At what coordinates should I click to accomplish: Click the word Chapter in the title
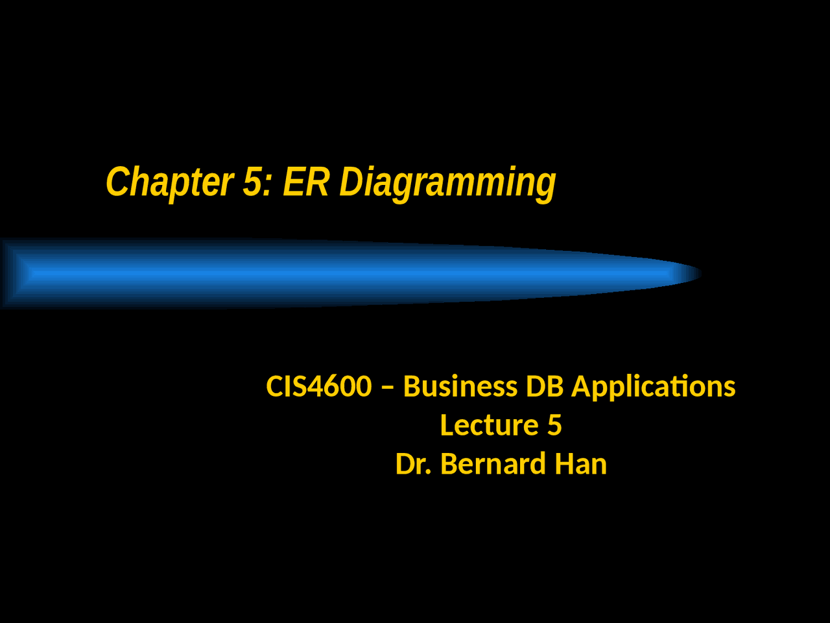click(169, 182)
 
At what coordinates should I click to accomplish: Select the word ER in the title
click(305, 182)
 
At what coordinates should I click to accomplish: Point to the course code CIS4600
click(318, 387)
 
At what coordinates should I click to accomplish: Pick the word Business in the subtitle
click(460, 387)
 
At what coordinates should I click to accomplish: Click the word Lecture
click(489, 426)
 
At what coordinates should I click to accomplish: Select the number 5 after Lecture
click(554, 426)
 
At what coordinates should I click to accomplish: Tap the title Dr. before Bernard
click(414, 465)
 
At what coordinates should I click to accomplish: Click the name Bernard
click(493, 465)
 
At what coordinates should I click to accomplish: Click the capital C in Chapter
click(117, 182)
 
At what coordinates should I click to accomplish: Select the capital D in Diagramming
click(351, 182)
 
